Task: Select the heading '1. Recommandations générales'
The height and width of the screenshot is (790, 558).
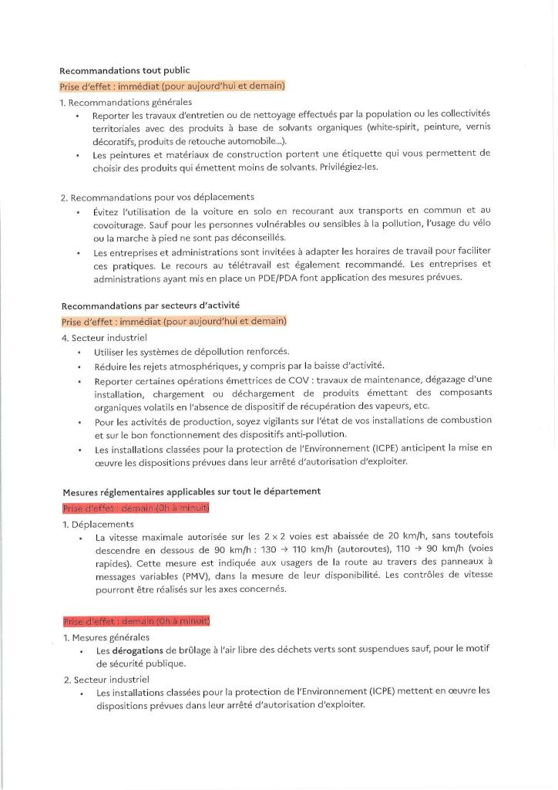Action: (126, 101)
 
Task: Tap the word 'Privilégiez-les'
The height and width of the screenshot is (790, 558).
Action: (345, 167)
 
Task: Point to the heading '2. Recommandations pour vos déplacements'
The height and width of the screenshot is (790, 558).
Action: (157, 197)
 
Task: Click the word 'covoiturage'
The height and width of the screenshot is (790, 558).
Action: (125, 224)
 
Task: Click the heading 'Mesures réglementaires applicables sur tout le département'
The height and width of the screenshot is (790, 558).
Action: (190, 491)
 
